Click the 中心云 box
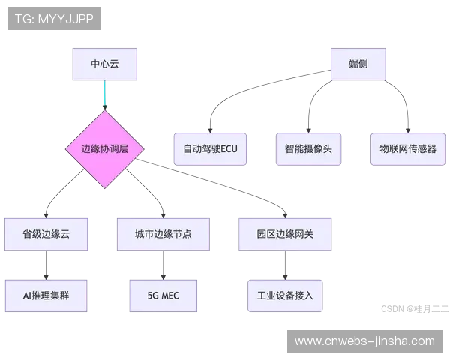coord(104,64)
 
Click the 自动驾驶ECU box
coord(210,149)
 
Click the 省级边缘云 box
coord(46,234)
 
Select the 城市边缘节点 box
coord(163,234)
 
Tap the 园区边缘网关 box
coord(285,234)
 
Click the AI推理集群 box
coord(46,295)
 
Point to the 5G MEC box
coord(163,295)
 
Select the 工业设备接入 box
coord(285,295)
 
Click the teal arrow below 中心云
coord(104,95)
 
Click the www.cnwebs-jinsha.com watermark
coord(364,341)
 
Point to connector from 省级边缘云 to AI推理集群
coord(46,264)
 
